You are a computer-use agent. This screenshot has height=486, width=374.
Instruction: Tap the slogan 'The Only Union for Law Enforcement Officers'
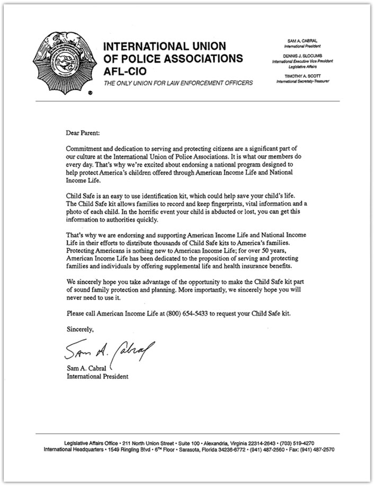(x=178, y=83)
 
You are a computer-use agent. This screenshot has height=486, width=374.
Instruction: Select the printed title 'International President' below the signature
(x=97, y=376)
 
